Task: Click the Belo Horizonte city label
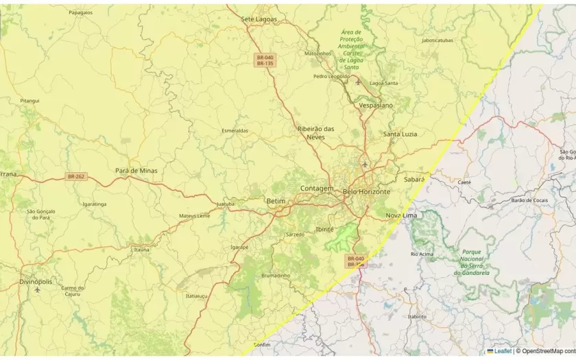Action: tap(366, 192)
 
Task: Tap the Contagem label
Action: tap(317, 189)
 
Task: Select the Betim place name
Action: tap(275, 201)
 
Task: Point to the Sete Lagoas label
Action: tap(259, 19)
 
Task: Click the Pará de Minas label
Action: tap(136, 171)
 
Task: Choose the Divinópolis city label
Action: tap(36, 282)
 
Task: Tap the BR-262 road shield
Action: tap(76, 177)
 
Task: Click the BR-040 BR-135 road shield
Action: tap(265, 60)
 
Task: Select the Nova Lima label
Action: tap(401, 215)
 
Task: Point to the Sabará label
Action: tap(414, 179)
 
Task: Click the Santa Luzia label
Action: tap(400, 134)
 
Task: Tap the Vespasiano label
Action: tap(376, 106)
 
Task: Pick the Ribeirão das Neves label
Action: tap(315, 133)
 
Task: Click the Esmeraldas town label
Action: tap(235, 130)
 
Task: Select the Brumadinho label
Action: tap(276, 276)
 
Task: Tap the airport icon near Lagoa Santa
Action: tap(358, 82)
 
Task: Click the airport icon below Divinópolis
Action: tap(37, 290)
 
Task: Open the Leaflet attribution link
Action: tap(503, 351)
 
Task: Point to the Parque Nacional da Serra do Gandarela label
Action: tap(472, 262)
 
